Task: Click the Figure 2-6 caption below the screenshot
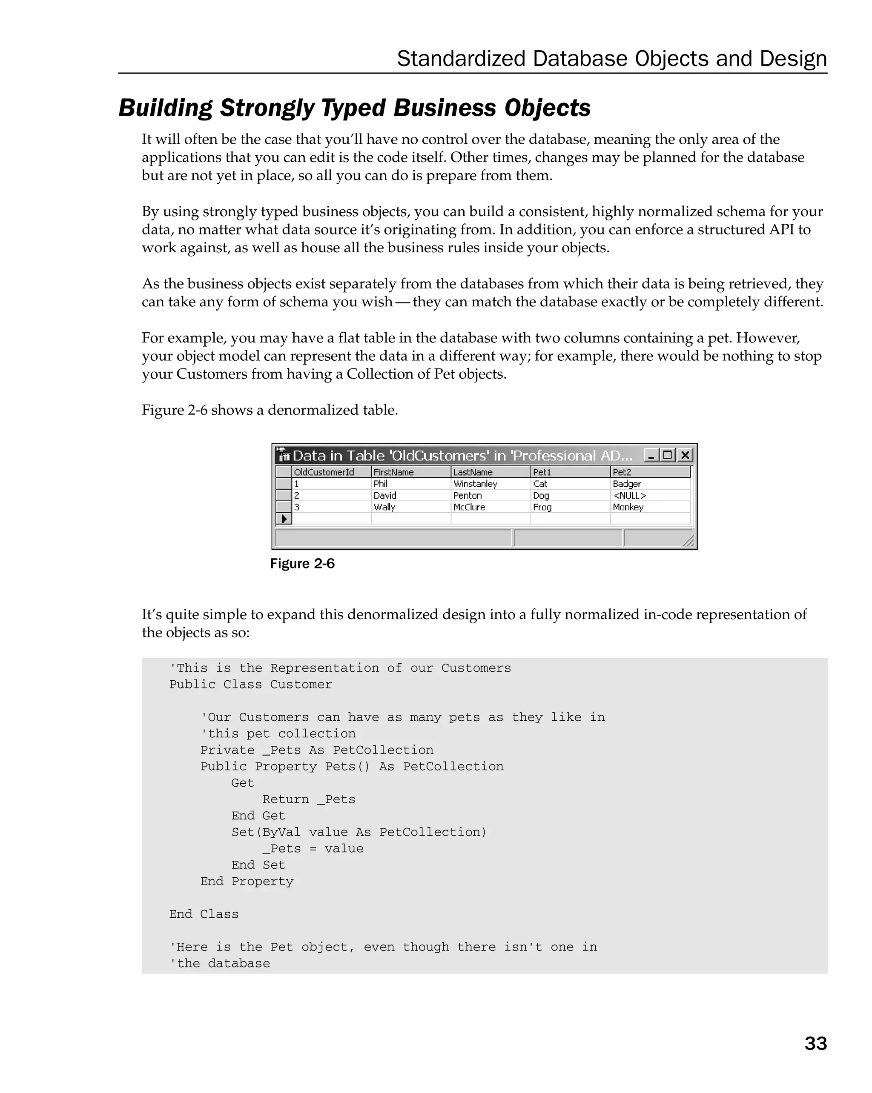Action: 302,564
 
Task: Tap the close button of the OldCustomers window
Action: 685,455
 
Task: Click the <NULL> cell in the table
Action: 630,495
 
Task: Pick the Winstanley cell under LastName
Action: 475,484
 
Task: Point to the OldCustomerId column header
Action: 324,472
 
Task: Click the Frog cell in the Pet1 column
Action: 542,507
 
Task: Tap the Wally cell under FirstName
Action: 384,507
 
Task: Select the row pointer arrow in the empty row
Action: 284,519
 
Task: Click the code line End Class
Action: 204,914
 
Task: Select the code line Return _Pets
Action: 308,799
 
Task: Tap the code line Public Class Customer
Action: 251,685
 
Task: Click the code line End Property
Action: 247,881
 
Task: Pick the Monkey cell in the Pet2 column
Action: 628,507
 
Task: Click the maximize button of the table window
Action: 668,455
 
